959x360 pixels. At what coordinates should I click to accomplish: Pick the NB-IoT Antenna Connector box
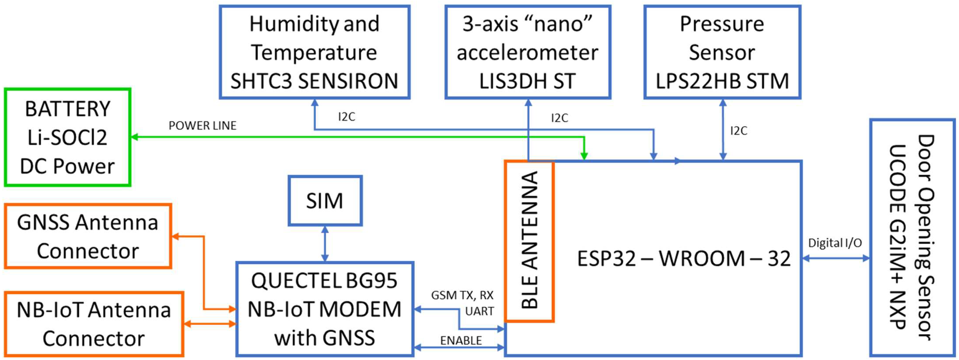click(94, 324)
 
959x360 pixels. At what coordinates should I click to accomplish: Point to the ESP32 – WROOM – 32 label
click(684, 258)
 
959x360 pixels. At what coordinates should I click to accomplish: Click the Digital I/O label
click(835, 243)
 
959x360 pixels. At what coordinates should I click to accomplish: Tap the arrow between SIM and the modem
click(325, 244)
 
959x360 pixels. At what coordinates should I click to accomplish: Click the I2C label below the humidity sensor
click(346, 117)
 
